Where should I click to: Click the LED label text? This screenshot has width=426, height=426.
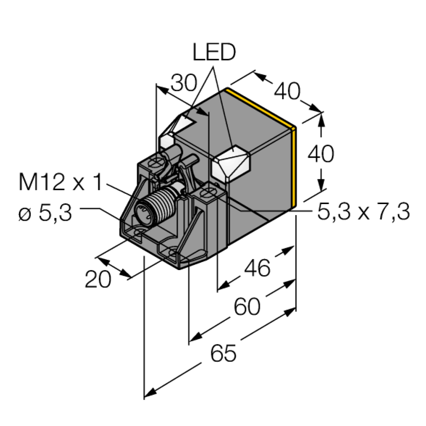tap(214, 52)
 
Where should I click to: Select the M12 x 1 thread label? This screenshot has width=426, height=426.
tap(60, 183)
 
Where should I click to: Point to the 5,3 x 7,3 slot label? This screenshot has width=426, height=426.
tap(363, 212)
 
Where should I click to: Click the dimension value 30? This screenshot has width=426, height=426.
tap(184, 83)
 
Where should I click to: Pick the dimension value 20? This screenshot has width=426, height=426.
tap(98, 279)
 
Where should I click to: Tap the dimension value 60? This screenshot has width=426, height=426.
tap(247, 306)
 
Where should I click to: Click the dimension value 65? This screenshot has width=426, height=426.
tap(223, 354)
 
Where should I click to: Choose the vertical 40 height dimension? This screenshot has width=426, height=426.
tap(321, 154)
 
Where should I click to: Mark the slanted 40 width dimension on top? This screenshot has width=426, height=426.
tap(287, 91)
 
